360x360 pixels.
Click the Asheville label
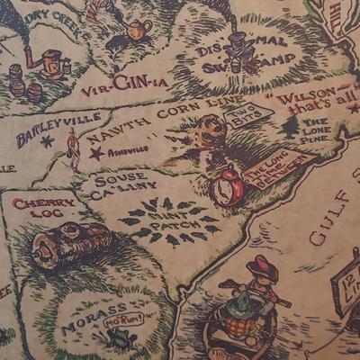click(x=127, y=152)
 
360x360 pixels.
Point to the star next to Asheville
click(x=95, y=153)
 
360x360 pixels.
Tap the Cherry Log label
click(x=43, y=210)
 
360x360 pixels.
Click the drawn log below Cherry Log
click(x=72, y=244)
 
